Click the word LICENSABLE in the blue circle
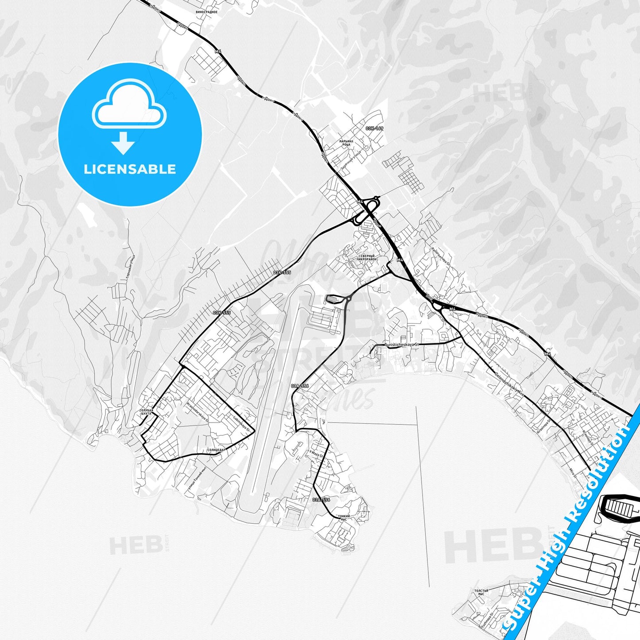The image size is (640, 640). tap(130, 169)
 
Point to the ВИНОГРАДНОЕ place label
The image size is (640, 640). tap(206, 12)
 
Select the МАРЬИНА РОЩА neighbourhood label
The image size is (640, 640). tap(345, 143)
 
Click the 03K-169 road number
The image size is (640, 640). tap(374, 128)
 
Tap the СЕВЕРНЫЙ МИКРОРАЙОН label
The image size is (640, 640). tap(367, 258)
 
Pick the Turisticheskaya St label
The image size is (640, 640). tap(401, 344)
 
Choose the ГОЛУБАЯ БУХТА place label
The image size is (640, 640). tap(146, 412)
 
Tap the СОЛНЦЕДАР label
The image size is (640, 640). tap(217, 450)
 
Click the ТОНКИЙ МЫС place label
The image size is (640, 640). tap(344, 518)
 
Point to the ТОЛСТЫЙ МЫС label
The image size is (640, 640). tap(481, 592)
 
